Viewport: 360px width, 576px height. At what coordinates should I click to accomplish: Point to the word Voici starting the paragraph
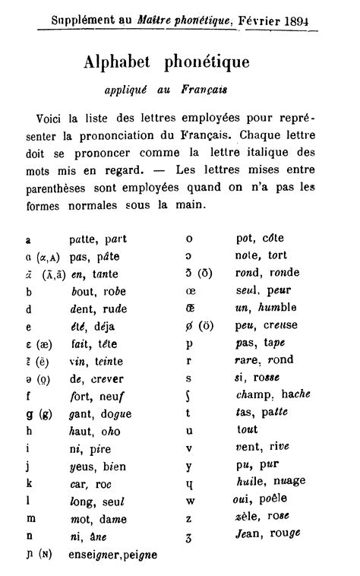49,119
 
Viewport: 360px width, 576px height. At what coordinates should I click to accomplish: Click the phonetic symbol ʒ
189,537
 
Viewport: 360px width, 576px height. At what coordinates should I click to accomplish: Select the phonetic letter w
189,501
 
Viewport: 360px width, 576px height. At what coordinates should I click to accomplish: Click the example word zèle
248,518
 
